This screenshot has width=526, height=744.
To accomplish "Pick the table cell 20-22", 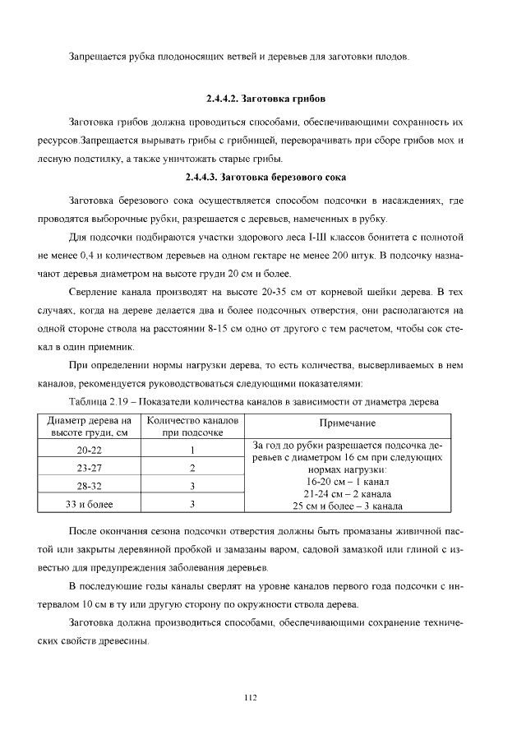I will pyautogui.click(x=90, y=450).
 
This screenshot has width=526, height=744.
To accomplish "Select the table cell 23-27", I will pyautogui.click(x=90, y=468).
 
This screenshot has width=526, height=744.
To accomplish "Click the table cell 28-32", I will pyautogui.click(x=90, y=486).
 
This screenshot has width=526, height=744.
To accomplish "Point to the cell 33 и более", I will pyautogui.click(x=90, y=504).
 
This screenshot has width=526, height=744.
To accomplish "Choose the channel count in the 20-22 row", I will pyautogui.click(x=191, y=450).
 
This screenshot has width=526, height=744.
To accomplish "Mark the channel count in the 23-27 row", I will pyautogui.click(x=191, y=468).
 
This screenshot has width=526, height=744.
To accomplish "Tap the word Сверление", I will pyautogui.click(x=96, y=293).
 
